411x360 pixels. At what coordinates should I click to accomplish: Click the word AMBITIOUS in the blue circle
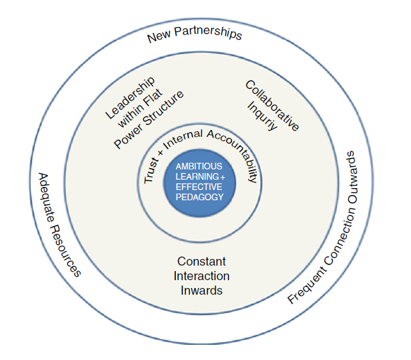tap(199, 166)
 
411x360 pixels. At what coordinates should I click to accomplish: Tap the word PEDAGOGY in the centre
tap(199, 197)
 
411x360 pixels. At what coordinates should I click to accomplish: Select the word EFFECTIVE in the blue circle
tap(199, 186)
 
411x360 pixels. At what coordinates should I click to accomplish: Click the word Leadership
tap(129, 97)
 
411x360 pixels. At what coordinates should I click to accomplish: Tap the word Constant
tap(201, 261)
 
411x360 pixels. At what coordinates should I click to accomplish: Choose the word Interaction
tap(201, 276)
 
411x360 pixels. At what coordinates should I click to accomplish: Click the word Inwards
tap(201, 290)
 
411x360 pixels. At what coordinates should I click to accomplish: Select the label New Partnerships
tap(195, 34)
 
